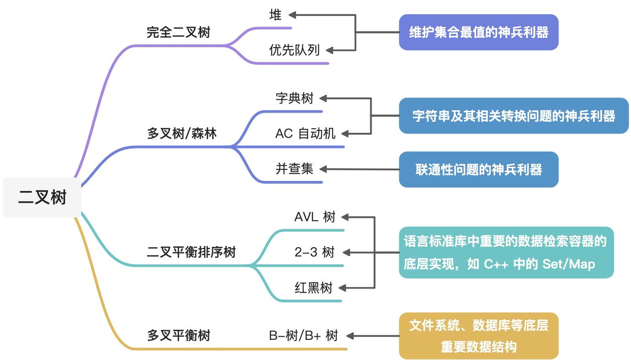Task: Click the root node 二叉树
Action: [x=42, y=197]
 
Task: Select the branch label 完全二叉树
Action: [x=178, y=32]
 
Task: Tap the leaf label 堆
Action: [x=275, y=15]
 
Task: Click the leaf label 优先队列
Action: [x=294, y=50]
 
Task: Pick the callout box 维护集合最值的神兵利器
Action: [x=478, y=33]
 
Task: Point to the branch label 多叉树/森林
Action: [x=182, y=133]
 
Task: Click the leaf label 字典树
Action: [x=294, y=98]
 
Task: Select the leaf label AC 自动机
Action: [x=305, y=133]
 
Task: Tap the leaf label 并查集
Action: [x=294, y=169]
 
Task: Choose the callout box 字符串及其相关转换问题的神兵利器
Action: [x=514, y=116]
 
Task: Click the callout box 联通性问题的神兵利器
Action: [x=478, y=169]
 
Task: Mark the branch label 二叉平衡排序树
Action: [x=191, y=252]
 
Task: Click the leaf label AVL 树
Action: [x=315, y=217]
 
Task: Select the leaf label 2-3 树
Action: [x=314, y=252]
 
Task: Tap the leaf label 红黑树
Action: [x=313, y=288]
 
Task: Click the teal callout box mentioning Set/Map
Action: [x=506, y=252]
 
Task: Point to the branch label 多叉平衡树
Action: [x=179, y=336]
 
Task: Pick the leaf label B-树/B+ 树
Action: [x=303, y=336]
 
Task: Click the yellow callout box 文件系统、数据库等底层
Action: [x=478, y=336]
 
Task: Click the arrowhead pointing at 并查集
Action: [x=324, y=169]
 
